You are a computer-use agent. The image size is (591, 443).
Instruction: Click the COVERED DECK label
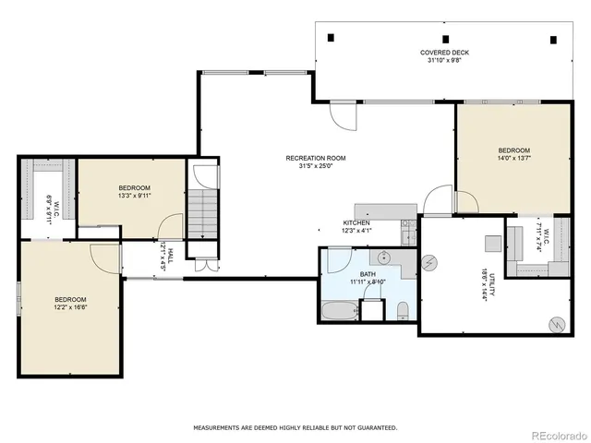pyautogui.click(x=441, y=57)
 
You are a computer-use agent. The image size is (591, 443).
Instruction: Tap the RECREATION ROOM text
pyautogui.click(x=315, y=162)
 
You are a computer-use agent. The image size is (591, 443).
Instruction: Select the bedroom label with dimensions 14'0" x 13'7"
pyautogui.click(x=513, y=155)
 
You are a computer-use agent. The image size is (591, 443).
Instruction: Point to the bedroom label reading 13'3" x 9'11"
pyautogui.click(x=134, y=192)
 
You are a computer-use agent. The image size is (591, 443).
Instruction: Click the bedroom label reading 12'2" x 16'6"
pyautogui.click(x=70, y=304)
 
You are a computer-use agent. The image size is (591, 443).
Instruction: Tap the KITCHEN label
pyautogui.click(x=356, y=227)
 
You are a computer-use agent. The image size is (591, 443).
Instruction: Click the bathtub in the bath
pyautogui.click(x=338, y=311)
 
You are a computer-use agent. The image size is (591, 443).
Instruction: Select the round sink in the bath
pyautogui.click(x=385, y=257)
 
